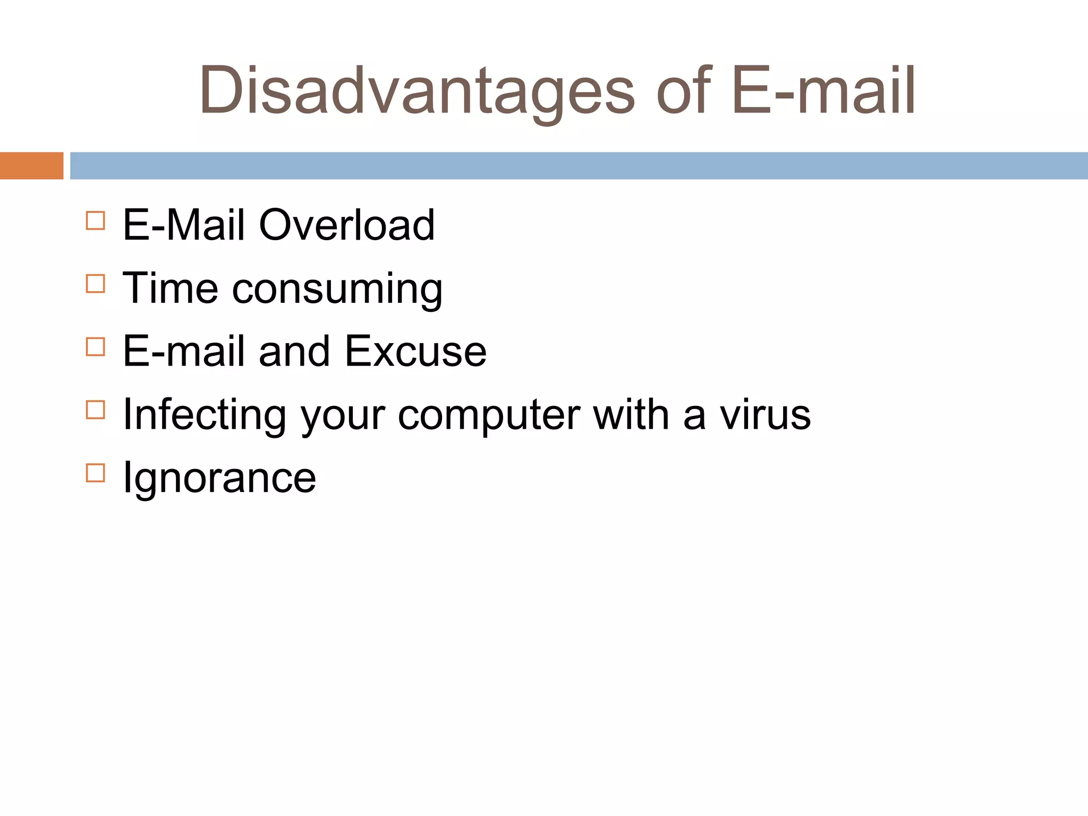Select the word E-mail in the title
823,90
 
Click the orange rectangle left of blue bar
31,166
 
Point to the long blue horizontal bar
579,166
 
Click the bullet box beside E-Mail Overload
96,220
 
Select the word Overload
347,225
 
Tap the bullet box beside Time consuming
96,284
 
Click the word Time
171,288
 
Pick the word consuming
337,290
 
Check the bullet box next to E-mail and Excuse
96,347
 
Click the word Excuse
415,352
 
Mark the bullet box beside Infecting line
96,410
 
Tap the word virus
765,415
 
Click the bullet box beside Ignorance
96,473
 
